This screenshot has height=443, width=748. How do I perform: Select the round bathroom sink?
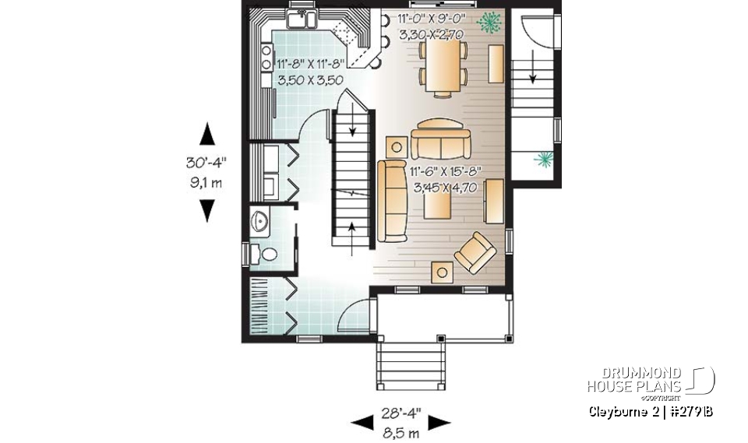coord(261,222)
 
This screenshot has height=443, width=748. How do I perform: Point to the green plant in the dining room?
coord(489,23)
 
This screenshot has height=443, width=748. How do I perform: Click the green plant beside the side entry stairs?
coord(542,160)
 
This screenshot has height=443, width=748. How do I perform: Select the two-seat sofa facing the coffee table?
coord(441,140)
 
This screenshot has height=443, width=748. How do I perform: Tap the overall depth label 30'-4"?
coord(206,163)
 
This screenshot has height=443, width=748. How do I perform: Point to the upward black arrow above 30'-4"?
coord(206,135)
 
